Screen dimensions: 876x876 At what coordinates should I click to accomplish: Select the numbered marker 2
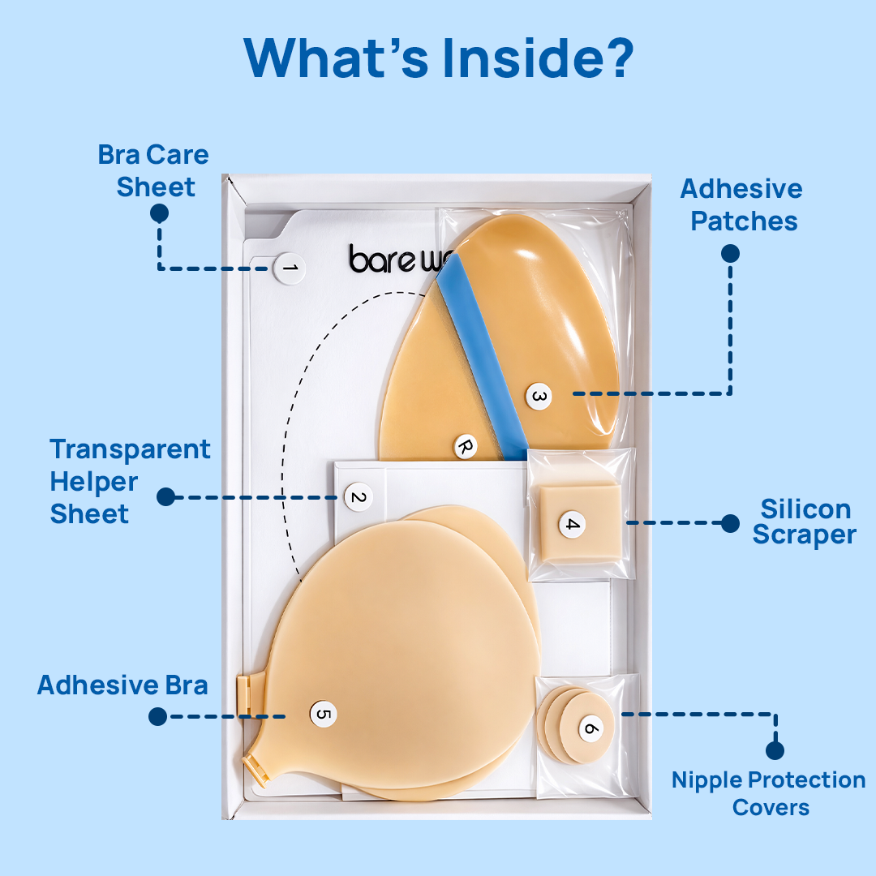[x=358, y=496]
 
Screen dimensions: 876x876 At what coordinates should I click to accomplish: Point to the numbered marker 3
[x=539, y=397]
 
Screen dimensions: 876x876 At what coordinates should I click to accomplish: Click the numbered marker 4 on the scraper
[x=572, y=524]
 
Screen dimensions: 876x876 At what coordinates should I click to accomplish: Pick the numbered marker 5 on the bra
[x=323, y=714]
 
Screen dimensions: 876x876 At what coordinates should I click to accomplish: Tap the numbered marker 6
[x=591, y=728]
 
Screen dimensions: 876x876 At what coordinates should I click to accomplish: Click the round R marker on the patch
[x=465, y=445]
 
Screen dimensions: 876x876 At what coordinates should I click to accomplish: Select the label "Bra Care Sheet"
[x=154, y=170]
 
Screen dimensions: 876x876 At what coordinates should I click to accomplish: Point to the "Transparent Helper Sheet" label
[x=130, y=481]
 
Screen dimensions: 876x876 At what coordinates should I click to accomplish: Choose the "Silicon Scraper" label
[x=804, y=522]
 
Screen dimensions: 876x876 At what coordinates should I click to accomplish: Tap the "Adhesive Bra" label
[x=122, y=685]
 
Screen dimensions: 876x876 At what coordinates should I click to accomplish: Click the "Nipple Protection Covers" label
[x=768, y=793]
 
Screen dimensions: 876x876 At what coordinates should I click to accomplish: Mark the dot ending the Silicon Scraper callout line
[x=730, y=523]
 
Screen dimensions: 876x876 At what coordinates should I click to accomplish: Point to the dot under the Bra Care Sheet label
[x=159, y=213]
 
